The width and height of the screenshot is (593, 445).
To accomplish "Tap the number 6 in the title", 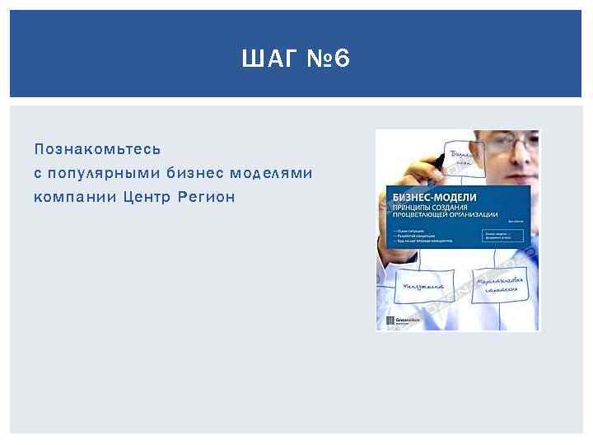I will coord(342,59).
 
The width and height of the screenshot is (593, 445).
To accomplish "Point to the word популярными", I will coord(104,173).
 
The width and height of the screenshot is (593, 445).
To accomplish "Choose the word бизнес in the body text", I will coord(194,173).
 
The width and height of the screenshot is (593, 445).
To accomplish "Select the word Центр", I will coord(150,197).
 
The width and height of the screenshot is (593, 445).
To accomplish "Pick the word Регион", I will coord(208,197).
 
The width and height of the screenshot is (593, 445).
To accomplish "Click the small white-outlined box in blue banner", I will coord(502,235).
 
